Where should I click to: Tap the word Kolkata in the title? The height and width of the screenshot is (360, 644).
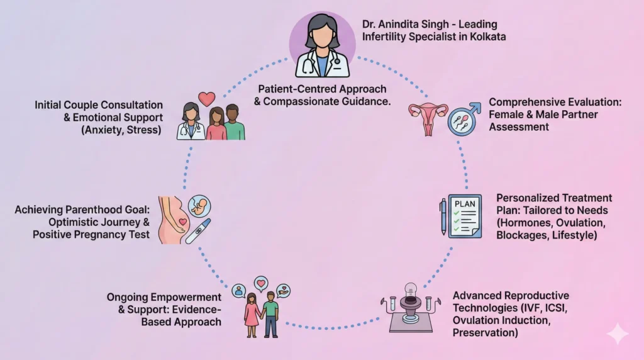coord(486,37)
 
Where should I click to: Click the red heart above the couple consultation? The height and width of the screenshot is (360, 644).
coord(206,99)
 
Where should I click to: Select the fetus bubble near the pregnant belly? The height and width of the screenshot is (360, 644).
coord(199,206)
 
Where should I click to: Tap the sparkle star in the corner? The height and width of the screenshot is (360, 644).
coord(618,334)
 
